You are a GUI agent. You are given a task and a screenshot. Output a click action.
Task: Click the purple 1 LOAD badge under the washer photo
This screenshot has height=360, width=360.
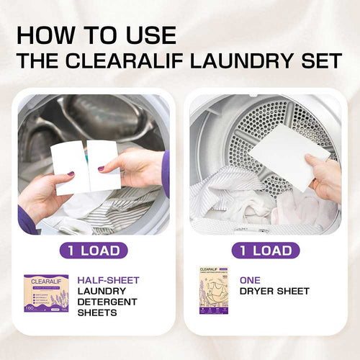click(x=94, y=251)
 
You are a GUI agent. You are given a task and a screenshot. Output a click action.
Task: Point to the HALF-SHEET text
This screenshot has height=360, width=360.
click(x=108, y=280)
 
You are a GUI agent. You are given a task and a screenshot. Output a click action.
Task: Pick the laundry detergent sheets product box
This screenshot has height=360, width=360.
click(x=46, y=293)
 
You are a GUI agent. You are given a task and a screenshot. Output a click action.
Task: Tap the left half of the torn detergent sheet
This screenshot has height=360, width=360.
click(x=69, y=166)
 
